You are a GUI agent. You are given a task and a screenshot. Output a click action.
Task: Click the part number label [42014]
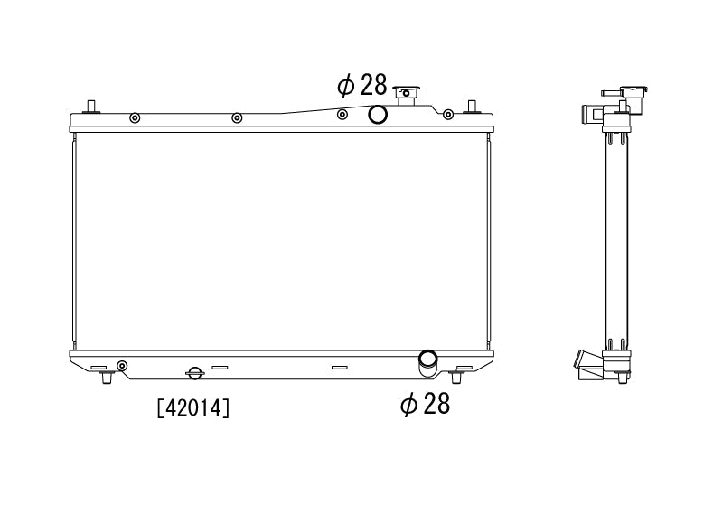[193, 407]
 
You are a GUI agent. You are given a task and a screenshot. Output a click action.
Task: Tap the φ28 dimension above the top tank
[362, 85]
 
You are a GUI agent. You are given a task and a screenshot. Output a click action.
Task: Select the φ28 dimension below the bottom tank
[425, 403]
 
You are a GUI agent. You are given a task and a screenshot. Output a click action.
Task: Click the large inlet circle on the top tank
[378, 115]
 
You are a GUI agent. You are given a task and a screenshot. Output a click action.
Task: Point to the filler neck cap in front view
[407, 95]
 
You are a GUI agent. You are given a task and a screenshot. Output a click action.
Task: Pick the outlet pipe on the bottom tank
[427, 363]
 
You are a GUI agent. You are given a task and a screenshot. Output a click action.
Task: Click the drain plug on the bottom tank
[194, 373]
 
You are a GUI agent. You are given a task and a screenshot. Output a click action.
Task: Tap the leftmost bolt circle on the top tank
[135, 118]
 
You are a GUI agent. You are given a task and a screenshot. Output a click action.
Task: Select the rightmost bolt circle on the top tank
[448, 115]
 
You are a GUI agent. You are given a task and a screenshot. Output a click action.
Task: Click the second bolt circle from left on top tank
[237, 118]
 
